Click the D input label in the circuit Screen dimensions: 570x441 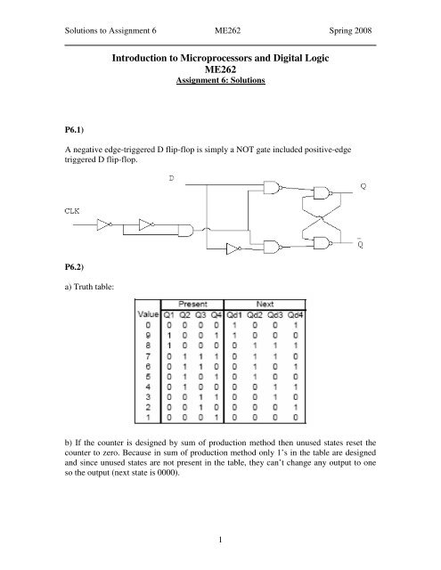tap(171, 181)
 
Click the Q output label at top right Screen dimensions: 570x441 tap(363, 186)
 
